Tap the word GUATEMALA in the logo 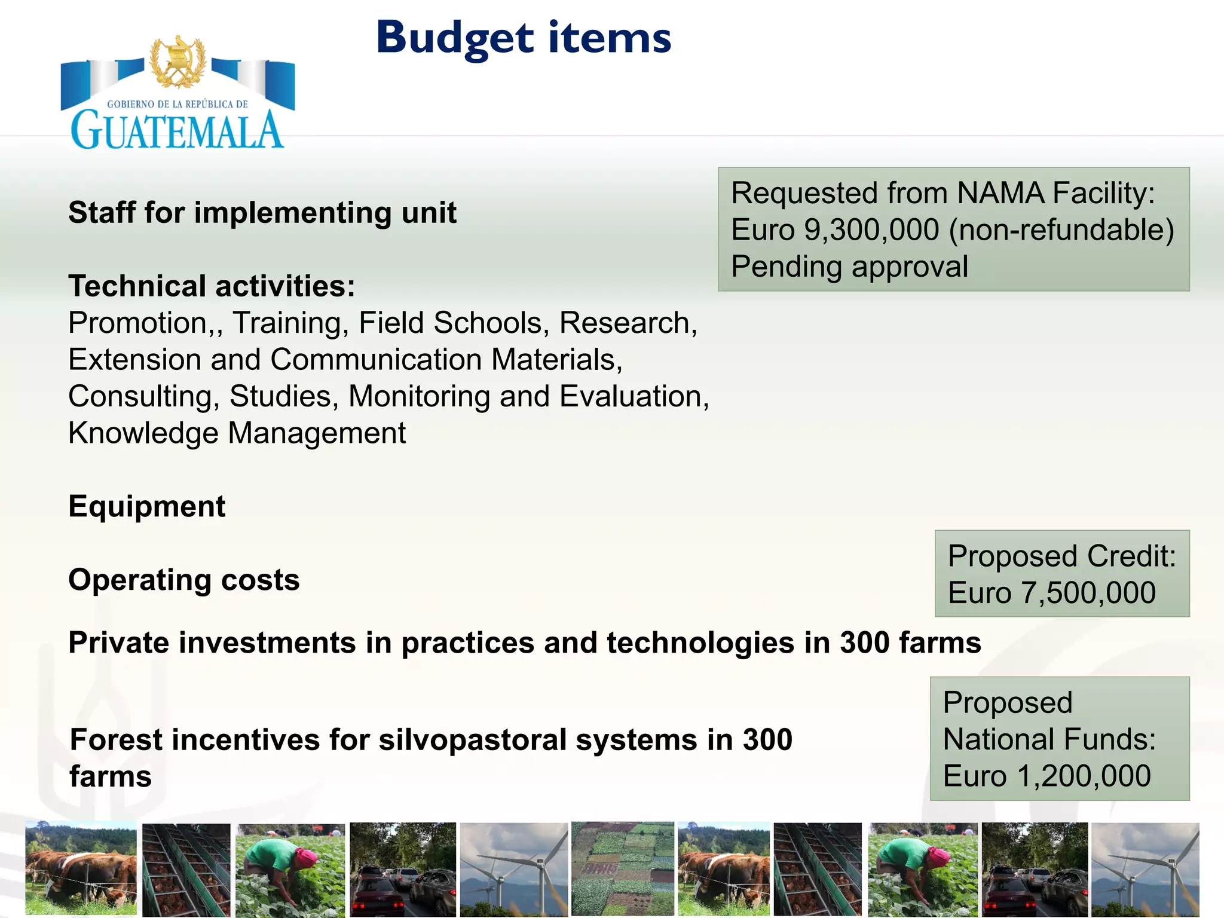177,130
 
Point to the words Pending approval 849,267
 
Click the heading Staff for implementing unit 262,213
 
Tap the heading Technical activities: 212,286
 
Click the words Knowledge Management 237,433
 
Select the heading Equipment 147,507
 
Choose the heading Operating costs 184,580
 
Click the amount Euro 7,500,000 1052,593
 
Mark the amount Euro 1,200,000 1047,776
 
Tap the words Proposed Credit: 1061,556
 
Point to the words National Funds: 1049,740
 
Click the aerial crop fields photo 622,868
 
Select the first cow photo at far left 81,868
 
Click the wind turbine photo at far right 1145,868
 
